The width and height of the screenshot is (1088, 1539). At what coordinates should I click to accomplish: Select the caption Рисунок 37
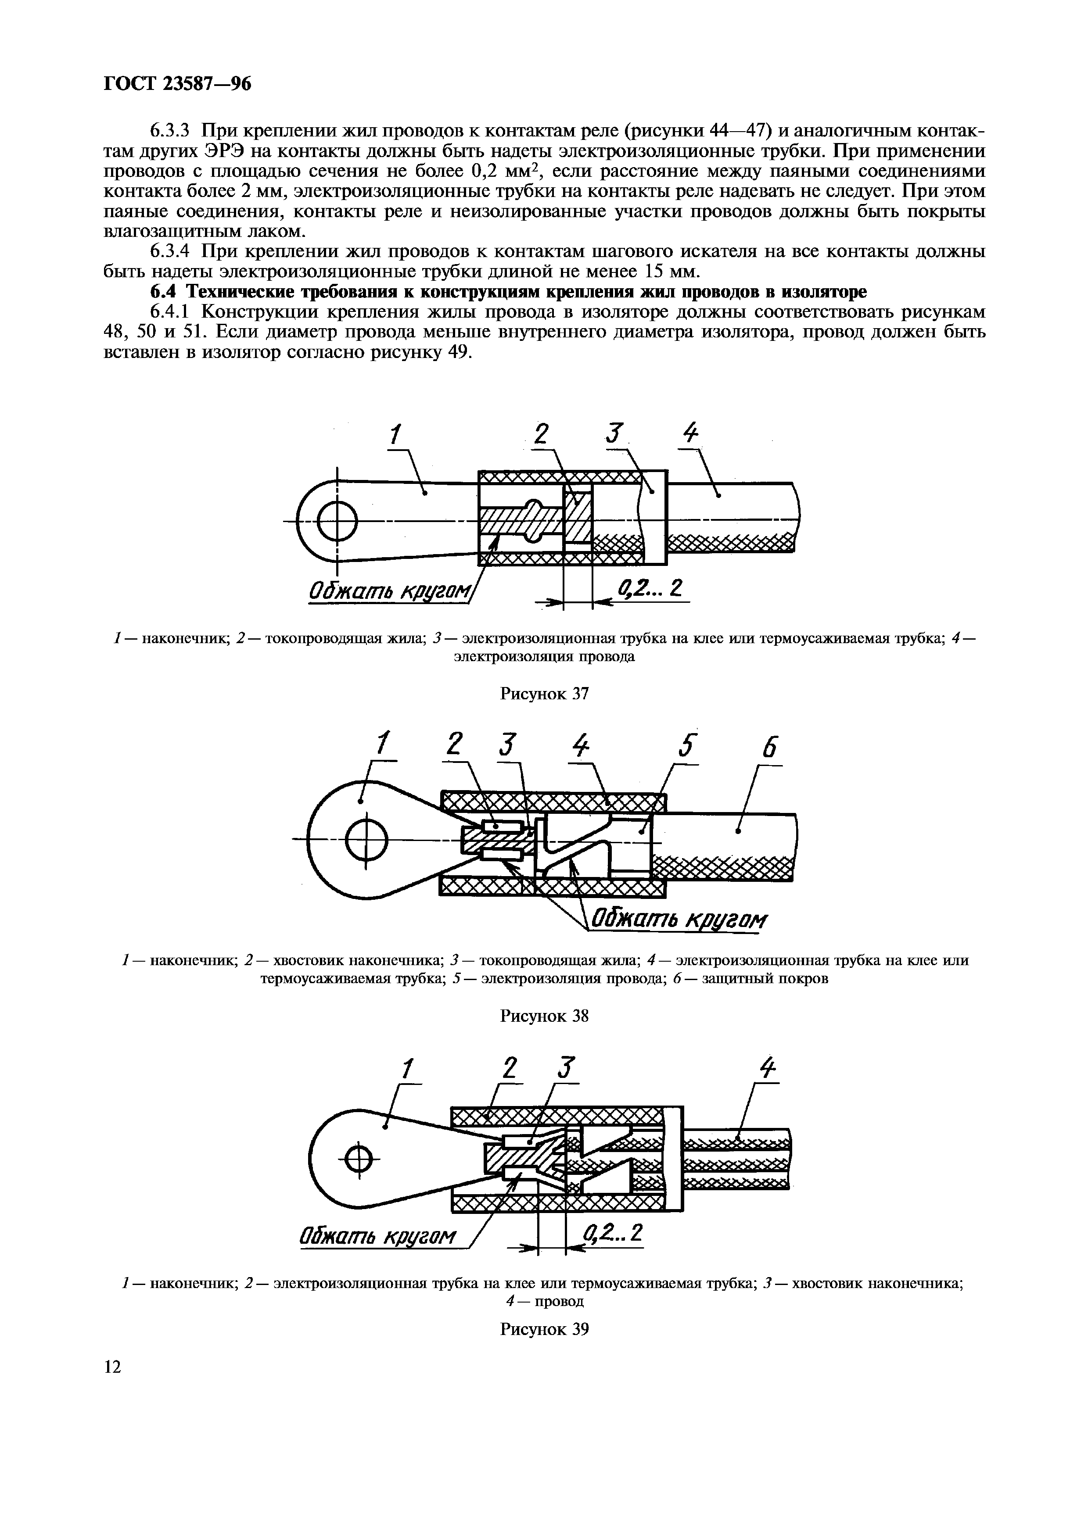point(544,694)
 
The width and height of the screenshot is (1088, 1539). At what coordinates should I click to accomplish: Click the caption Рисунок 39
point(544,1328)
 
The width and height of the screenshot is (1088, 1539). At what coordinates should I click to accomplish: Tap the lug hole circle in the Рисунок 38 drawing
point(366,839)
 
